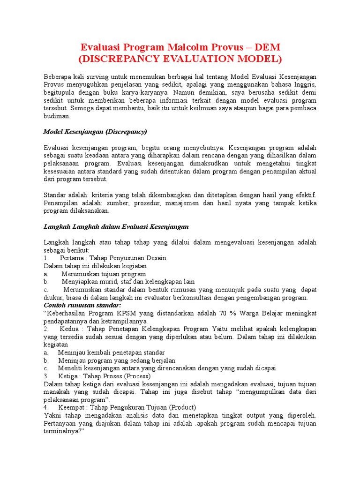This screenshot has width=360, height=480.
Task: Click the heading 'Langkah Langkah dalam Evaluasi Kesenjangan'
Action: tap(116, 226)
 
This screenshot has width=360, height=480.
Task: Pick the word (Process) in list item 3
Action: tap(135, 376)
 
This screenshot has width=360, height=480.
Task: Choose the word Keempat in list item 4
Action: tap(73, 407)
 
